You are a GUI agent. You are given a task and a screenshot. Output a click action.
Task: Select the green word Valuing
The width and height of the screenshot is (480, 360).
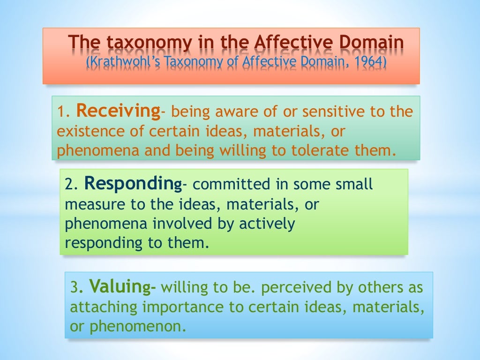(120, 286)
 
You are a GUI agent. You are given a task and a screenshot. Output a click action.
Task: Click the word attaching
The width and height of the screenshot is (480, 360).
(103, 307)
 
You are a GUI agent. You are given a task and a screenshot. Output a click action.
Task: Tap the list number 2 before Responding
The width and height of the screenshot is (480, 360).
(69, 185)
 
